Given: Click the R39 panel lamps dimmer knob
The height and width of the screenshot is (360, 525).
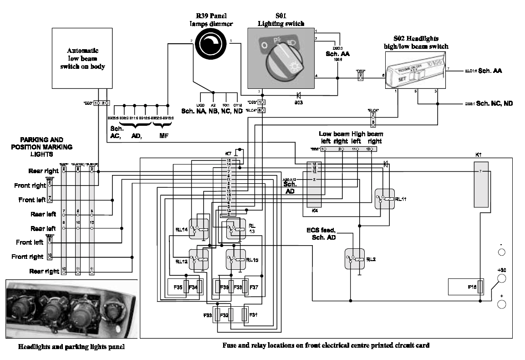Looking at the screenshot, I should point(211,46).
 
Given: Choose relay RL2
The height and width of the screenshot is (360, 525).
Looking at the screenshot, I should point(354,259).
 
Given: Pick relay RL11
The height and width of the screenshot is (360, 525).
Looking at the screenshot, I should point(385,199).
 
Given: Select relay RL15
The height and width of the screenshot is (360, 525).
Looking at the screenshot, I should point(236,260).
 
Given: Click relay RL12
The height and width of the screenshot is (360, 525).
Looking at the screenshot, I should point(199,260).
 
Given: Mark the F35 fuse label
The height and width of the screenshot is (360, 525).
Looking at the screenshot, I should point(178,287).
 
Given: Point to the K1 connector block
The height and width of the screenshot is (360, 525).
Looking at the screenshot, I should point(481,185).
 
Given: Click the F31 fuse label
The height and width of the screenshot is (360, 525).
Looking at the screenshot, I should point(253,314).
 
